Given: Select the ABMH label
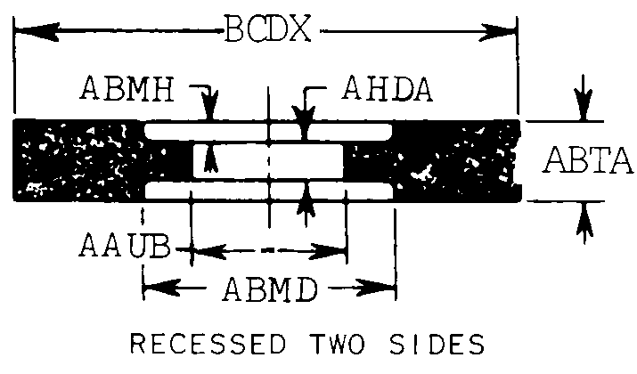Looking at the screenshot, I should [130, 89].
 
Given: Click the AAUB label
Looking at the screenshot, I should [127, 245].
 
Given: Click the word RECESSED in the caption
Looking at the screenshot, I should [206, 345].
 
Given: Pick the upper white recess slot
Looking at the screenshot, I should [267, 132].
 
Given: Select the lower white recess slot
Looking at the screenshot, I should [267, 191].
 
